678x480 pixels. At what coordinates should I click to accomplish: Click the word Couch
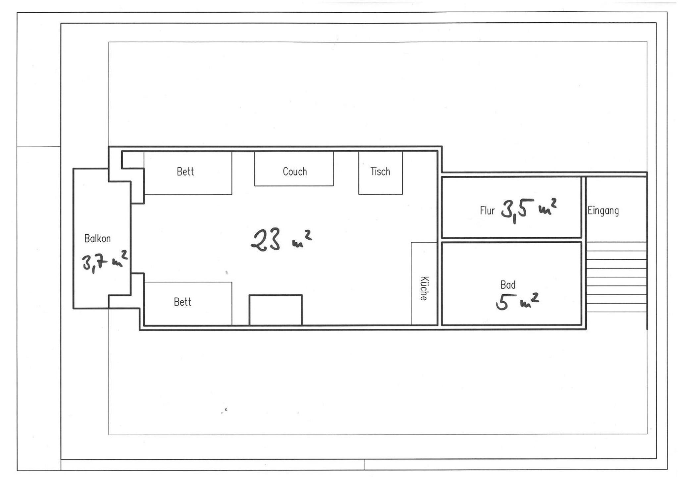295,171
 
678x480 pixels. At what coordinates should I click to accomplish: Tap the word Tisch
380,171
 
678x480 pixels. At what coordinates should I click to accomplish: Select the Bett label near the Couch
185,171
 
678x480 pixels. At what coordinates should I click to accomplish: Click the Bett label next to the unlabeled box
183,302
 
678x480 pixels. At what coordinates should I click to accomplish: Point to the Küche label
424,288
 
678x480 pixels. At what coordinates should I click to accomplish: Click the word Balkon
97,238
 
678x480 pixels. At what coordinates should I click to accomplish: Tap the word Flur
487,210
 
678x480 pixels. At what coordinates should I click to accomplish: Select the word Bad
508,285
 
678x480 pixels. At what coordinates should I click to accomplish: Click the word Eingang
603,211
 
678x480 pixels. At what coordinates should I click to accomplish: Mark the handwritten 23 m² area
281,239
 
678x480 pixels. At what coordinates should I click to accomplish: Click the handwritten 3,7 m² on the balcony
105,262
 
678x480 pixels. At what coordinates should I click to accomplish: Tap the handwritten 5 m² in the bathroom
517,301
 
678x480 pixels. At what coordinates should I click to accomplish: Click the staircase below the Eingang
616,277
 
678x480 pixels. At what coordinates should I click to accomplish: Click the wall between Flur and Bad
511,240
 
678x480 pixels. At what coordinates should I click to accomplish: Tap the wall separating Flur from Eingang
584,208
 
